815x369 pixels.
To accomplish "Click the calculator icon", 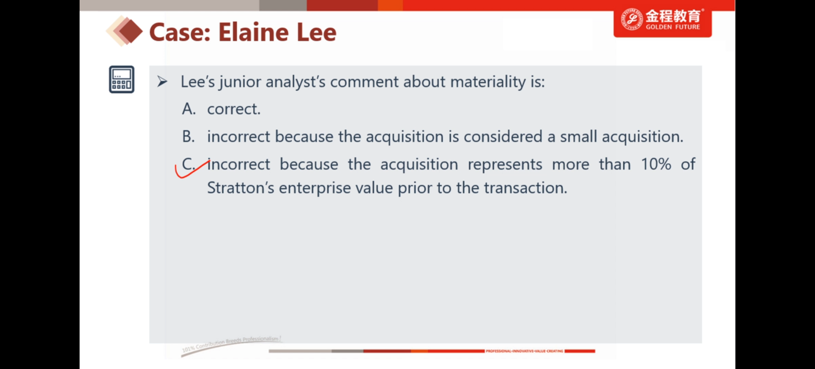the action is pos(121,79).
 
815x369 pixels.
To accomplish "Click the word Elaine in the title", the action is pos(254,32).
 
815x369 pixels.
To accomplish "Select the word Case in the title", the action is pos(180,32).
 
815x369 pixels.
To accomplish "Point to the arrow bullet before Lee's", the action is pos(162,82).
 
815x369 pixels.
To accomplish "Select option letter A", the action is pos(189,109).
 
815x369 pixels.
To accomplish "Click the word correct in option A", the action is pos(234,109).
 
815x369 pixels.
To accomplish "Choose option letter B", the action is pos(188,137).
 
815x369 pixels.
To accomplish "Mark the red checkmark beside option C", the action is pos(191,169).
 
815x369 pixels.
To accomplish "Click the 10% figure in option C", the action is pos(656,164).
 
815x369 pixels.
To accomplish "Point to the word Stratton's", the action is pos(240,188).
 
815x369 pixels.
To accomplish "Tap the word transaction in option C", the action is pos(526,188).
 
